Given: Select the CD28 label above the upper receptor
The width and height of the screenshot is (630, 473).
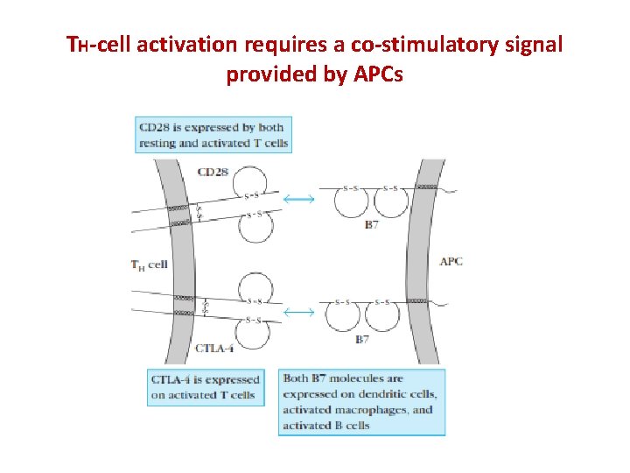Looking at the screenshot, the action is (x=213, y=172).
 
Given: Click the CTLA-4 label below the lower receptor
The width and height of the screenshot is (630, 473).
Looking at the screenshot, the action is (x=213, y=349).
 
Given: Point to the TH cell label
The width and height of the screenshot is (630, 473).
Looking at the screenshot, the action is (x=149, y=264).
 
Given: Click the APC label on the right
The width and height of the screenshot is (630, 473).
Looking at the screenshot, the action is (x=451, y=261).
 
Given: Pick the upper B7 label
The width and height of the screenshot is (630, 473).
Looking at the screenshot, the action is (x=372, y=225).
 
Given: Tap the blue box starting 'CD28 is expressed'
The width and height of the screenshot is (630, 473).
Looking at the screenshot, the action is (x=213, y=135).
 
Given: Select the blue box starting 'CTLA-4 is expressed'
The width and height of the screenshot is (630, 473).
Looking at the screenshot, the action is (x=206, y=387).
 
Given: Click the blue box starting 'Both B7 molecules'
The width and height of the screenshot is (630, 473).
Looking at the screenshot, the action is (x=361, y=402).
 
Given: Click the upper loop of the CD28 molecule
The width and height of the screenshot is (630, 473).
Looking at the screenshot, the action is (x=255, y=196).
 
